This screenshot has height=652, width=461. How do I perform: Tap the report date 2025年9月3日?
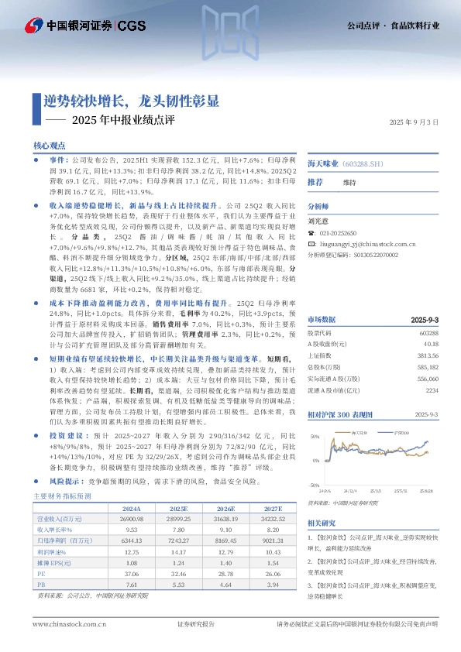click(x=413, y=122)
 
